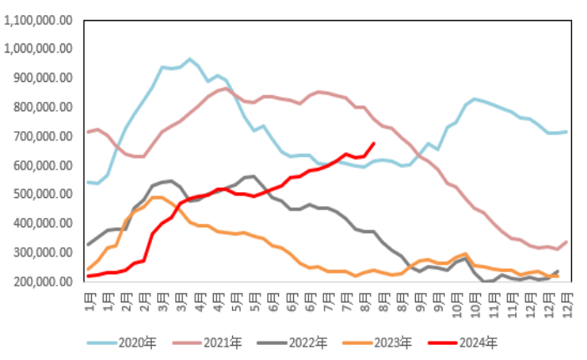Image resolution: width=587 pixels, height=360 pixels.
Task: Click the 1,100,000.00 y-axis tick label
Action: [x=39, y=20]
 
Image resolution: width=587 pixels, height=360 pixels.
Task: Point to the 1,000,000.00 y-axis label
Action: [x=39, y=49]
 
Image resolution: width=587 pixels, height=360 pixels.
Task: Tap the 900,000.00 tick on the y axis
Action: [x=44, y=79]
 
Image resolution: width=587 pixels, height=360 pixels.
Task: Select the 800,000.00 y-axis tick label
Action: [x=44, y=108]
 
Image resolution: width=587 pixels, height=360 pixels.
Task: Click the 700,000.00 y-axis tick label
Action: [x=44, y=136]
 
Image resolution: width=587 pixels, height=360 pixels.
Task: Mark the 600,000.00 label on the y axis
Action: [x=44, y=165]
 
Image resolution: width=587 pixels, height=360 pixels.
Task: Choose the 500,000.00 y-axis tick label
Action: [x=44, y=195]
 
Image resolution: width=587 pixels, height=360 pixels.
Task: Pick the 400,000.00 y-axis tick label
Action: [x=44, y=224]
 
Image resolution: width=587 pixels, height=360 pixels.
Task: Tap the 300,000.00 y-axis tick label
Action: [x=44, y=253]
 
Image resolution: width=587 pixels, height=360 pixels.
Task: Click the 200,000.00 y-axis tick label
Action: [x=44, y=282]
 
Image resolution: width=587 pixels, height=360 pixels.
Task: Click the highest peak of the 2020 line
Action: [x=190, y=59]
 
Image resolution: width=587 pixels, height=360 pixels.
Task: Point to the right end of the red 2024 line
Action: [x=373, y=143]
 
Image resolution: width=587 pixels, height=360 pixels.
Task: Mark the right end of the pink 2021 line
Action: [x=569, y=242]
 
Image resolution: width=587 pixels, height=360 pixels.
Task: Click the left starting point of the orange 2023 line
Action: [x=89, y=270]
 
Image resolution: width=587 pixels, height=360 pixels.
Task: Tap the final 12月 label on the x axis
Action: [x=569, y=297]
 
